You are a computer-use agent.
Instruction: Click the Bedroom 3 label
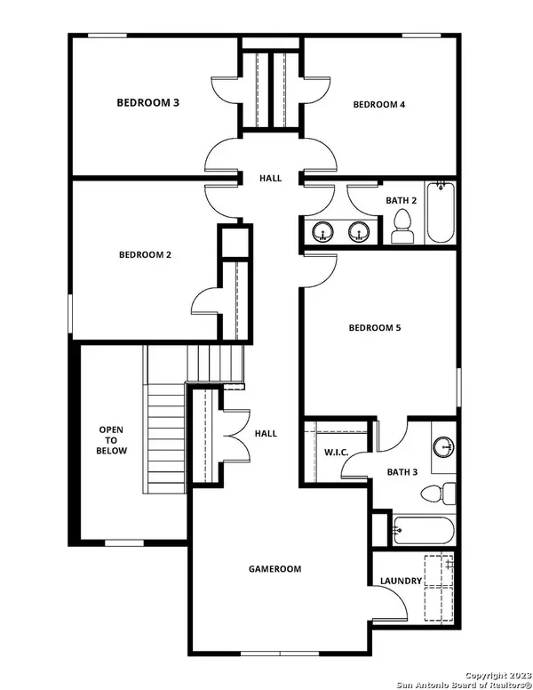148,102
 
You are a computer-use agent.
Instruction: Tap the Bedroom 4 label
379,104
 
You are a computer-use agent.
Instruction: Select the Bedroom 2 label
145,254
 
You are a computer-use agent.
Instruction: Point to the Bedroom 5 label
374,328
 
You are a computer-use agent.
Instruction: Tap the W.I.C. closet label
335,452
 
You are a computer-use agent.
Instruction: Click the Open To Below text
113,439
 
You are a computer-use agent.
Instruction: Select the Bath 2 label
400,200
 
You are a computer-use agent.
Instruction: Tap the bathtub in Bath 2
441,213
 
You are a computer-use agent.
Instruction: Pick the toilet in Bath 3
442,493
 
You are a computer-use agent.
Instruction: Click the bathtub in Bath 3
422,531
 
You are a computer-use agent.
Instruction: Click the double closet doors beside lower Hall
233,433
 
